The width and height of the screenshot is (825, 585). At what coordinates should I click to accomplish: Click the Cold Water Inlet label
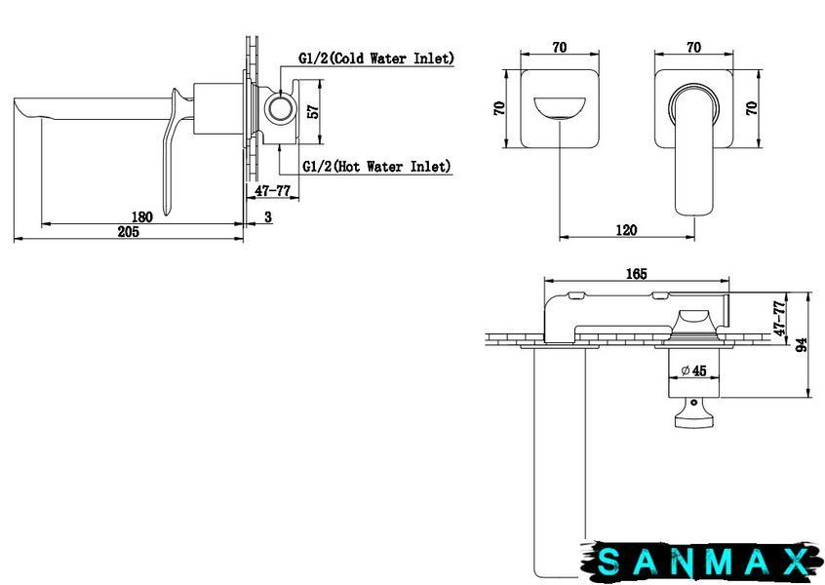(376, 58)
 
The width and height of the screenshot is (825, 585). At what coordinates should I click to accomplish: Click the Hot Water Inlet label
(376, 167)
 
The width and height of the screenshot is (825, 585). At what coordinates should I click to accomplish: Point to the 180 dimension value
(142, 216)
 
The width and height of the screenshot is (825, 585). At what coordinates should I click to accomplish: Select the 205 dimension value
(129, 231)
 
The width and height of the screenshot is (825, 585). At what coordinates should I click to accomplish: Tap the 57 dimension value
(312, 111)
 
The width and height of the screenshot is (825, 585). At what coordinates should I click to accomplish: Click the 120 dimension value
(626, 230)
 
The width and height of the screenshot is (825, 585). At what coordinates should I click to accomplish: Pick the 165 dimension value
(637, 274)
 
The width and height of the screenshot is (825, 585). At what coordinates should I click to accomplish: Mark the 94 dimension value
(802, 345)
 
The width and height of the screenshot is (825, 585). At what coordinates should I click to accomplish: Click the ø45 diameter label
(693, 370)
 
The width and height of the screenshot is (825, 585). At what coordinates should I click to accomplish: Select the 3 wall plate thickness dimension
(268, 216)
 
